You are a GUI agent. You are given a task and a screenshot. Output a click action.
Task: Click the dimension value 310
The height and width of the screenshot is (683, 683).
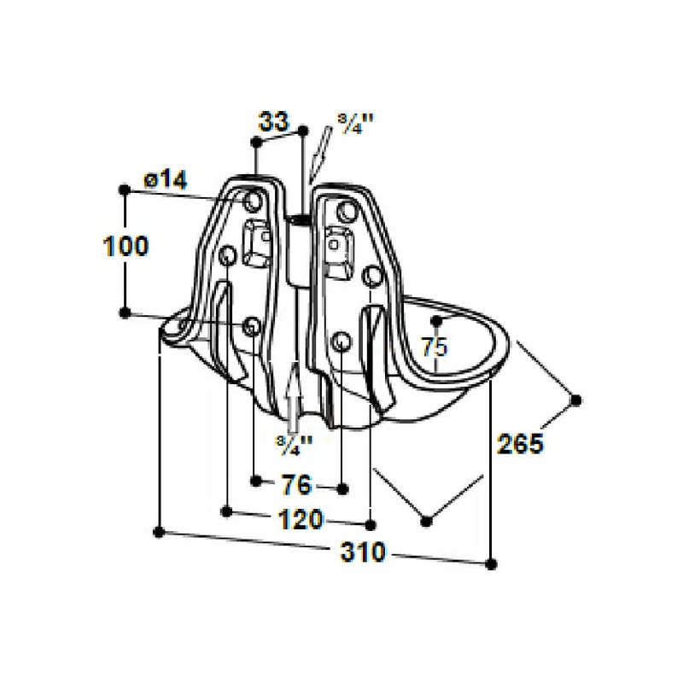[x=363, y=552]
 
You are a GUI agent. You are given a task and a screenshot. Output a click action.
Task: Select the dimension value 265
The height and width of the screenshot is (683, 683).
[x=521, y=444]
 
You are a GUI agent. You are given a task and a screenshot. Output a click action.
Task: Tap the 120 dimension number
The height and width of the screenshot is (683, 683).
[x=301, y=519]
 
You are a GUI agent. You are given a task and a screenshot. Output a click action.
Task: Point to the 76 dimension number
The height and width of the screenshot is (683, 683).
[x=297, y=484]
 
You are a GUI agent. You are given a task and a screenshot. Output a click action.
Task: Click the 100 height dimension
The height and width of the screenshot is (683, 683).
[x=126, y=246]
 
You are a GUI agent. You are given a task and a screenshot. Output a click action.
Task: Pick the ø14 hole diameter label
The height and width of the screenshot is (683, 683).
[x=166, y=179]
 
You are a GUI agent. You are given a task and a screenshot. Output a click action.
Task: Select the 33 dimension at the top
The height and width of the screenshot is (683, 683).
[x=273, y=121]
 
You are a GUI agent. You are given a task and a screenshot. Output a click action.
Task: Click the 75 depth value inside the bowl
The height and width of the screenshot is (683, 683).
[x=435, y=347]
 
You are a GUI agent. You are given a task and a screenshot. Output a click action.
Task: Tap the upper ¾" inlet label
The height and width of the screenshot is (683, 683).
[x=357, y=125]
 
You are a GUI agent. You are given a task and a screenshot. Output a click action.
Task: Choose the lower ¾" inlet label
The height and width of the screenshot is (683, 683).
[x=294, y=445]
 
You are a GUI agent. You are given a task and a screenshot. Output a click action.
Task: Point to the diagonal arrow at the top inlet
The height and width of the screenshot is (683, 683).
[x=321, y=154]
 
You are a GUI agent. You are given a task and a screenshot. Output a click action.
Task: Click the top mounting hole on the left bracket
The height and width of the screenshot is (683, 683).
[x=252, y=201]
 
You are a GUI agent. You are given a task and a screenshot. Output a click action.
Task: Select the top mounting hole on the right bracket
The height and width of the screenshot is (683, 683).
[x=347, y=212]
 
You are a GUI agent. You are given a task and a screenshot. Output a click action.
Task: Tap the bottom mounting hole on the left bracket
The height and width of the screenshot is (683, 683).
[x=251, y=326]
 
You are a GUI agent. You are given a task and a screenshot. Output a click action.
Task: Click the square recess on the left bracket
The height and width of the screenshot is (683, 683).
[x=256, y=242]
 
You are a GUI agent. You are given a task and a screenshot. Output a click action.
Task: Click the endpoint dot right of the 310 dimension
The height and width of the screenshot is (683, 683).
[x=491, y=564]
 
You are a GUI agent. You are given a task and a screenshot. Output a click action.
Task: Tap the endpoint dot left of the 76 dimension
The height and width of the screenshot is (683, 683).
[x=256, y=481]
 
